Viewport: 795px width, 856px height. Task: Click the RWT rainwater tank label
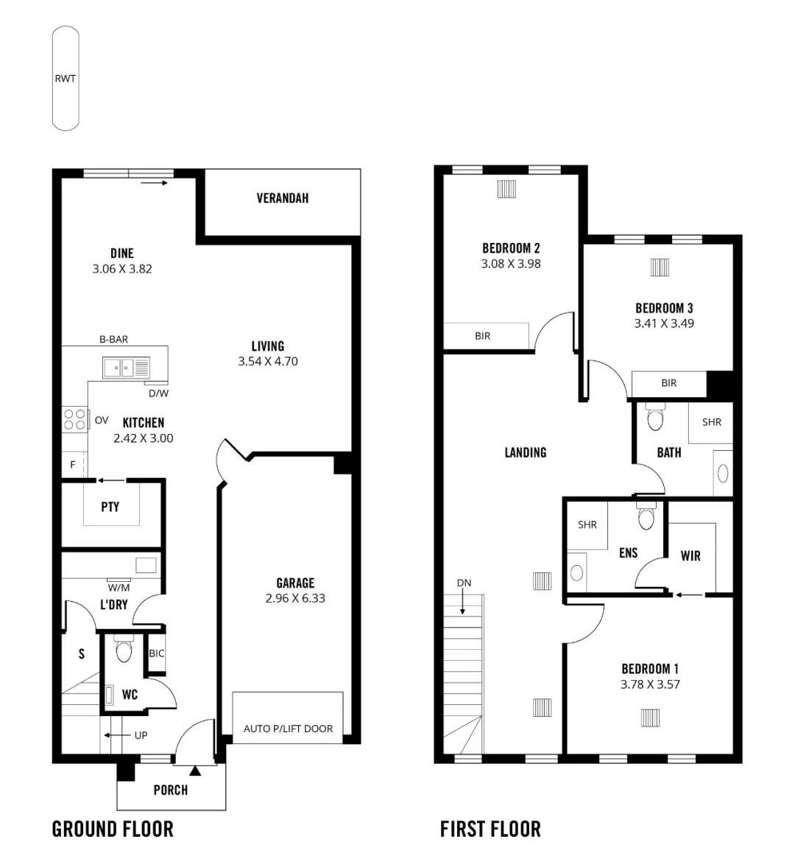[65, 79]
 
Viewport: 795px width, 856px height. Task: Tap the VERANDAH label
[283, 198]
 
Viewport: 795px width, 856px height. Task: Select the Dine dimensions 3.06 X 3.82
[122, 269]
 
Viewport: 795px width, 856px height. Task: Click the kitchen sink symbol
[126, 368]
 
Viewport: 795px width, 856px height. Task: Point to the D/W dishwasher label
[158, 393]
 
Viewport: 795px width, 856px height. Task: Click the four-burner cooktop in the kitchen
[75, 419]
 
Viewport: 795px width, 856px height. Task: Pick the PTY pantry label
[110, 507]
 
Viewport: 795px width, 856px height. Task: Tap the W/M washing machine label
[119, 588]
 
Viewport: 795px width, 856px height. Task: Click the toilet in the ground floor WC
[124, 648]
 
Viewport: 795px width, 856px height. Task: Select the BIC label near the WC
[157, 653]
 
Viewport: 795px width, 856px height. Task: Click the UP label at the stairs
[141, 735]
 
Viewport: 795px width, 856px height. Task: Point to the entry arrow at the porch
[195, 771]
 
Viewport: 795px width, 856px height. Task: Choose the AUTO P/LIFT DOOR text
[288, 729]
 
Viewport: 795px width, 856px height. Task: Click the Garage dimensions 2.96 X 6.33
[295, 598]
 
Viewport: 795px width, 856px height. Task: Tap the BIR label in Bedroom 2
[482, 336]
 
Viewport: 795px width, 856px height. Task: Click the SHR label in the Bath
[712, 422]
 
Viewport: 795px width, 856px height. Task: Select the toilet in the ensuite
[646, 516]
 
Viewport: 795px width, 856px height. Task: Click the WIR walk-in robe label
[690, 555]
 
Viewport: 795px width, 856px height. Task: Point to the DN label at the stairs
[464, 583]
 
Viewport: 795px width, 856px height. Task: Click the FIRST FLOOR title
[490, 829]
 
